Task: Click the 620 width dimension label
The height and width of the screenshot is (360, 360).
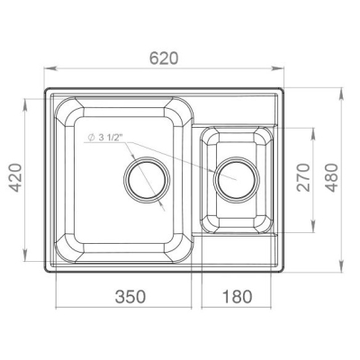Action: point(164,58)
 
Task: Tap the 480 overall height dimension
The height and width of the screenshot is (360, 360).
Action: point(332,177)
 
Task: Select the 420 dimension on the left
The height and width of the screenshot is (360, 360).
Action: point(15,177)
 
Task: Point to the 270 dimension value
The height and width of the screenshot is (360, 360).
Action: point(303,177)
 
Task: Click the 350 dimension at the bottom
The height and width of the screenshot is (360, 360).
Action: point(130,296)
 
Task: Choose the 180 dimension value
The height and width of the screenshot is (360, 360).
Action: point(237,296)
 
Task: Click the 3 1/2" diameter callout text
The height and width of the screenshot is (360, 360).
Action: point(111,138)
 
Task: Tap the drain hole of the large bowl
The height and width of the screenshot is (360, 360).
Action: point(147,180)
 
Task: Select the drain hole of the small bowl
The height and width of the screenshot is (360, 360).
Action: point(237,180)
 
